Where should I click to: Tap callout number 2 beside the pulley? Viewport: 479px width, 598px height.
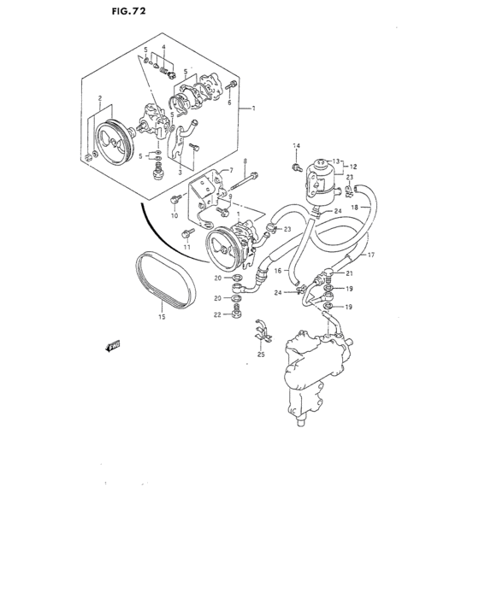tap(101, 98)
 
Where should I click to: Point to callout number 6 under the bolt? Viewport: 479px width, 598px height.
tap(229, 102)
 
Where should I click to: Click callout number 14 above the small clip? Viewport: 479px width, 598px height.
tap(297, 145)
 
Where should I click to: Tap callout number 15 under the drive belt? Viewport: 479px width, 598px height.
tap(158, 317)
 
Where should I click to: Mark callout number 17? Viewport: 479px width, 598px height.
tap(371, 255)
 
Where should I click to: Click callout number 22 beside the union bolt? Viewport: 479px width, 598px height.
tap(216, 315)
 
